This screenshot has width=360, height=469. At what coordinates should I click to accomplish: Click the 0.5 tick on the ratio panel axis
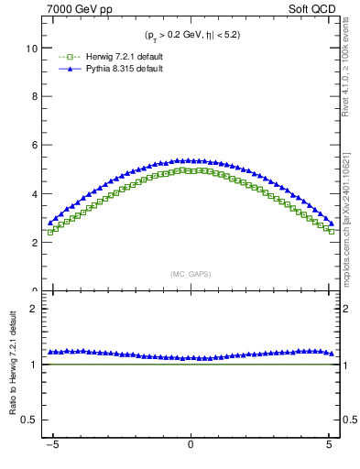click(29, 420)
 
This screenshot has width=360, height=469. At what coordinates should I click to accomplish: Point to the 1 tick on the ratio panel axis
click(34, 365)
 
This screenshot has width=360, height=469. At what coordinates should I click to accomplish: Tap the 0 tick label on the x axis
click(190, 450)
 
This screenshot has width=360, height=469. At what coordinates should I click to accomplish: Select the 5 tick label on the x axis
click(330, 450)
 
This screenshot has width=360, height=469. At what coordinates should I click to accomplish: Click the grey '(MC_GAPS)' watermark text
click(190, 273)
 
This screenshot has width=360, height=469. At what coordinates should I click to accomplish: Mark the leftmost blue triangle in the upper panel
click(50, 223)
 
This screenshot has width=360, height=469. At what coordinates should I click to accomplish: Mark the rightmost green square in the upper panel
click(331, 231)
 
